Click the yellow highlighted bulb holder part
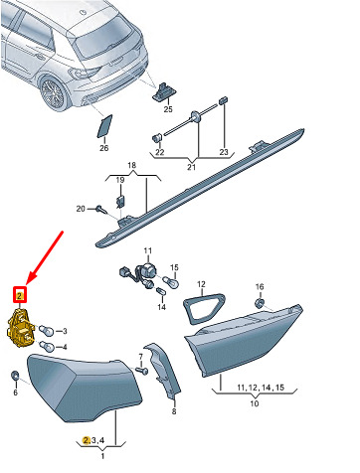point(21,329)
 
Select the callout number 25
point(168,109)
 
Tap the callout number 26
point(104,148)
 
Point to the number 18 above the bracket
point(131,165)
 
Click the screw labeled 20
point(100,209)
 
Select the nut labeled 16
point(261,303)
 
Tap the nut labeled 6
point(15,376)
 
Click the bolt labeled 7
point(142,370)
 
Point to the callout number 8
point(174,411)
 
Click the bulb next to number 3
point(45,330)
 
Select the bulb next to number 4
point(46,346)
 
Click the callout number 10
point(255,403)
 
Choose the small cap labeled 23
point(224,100)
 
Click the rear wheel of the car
point(52,91)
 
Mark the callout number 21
point(192,167)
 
